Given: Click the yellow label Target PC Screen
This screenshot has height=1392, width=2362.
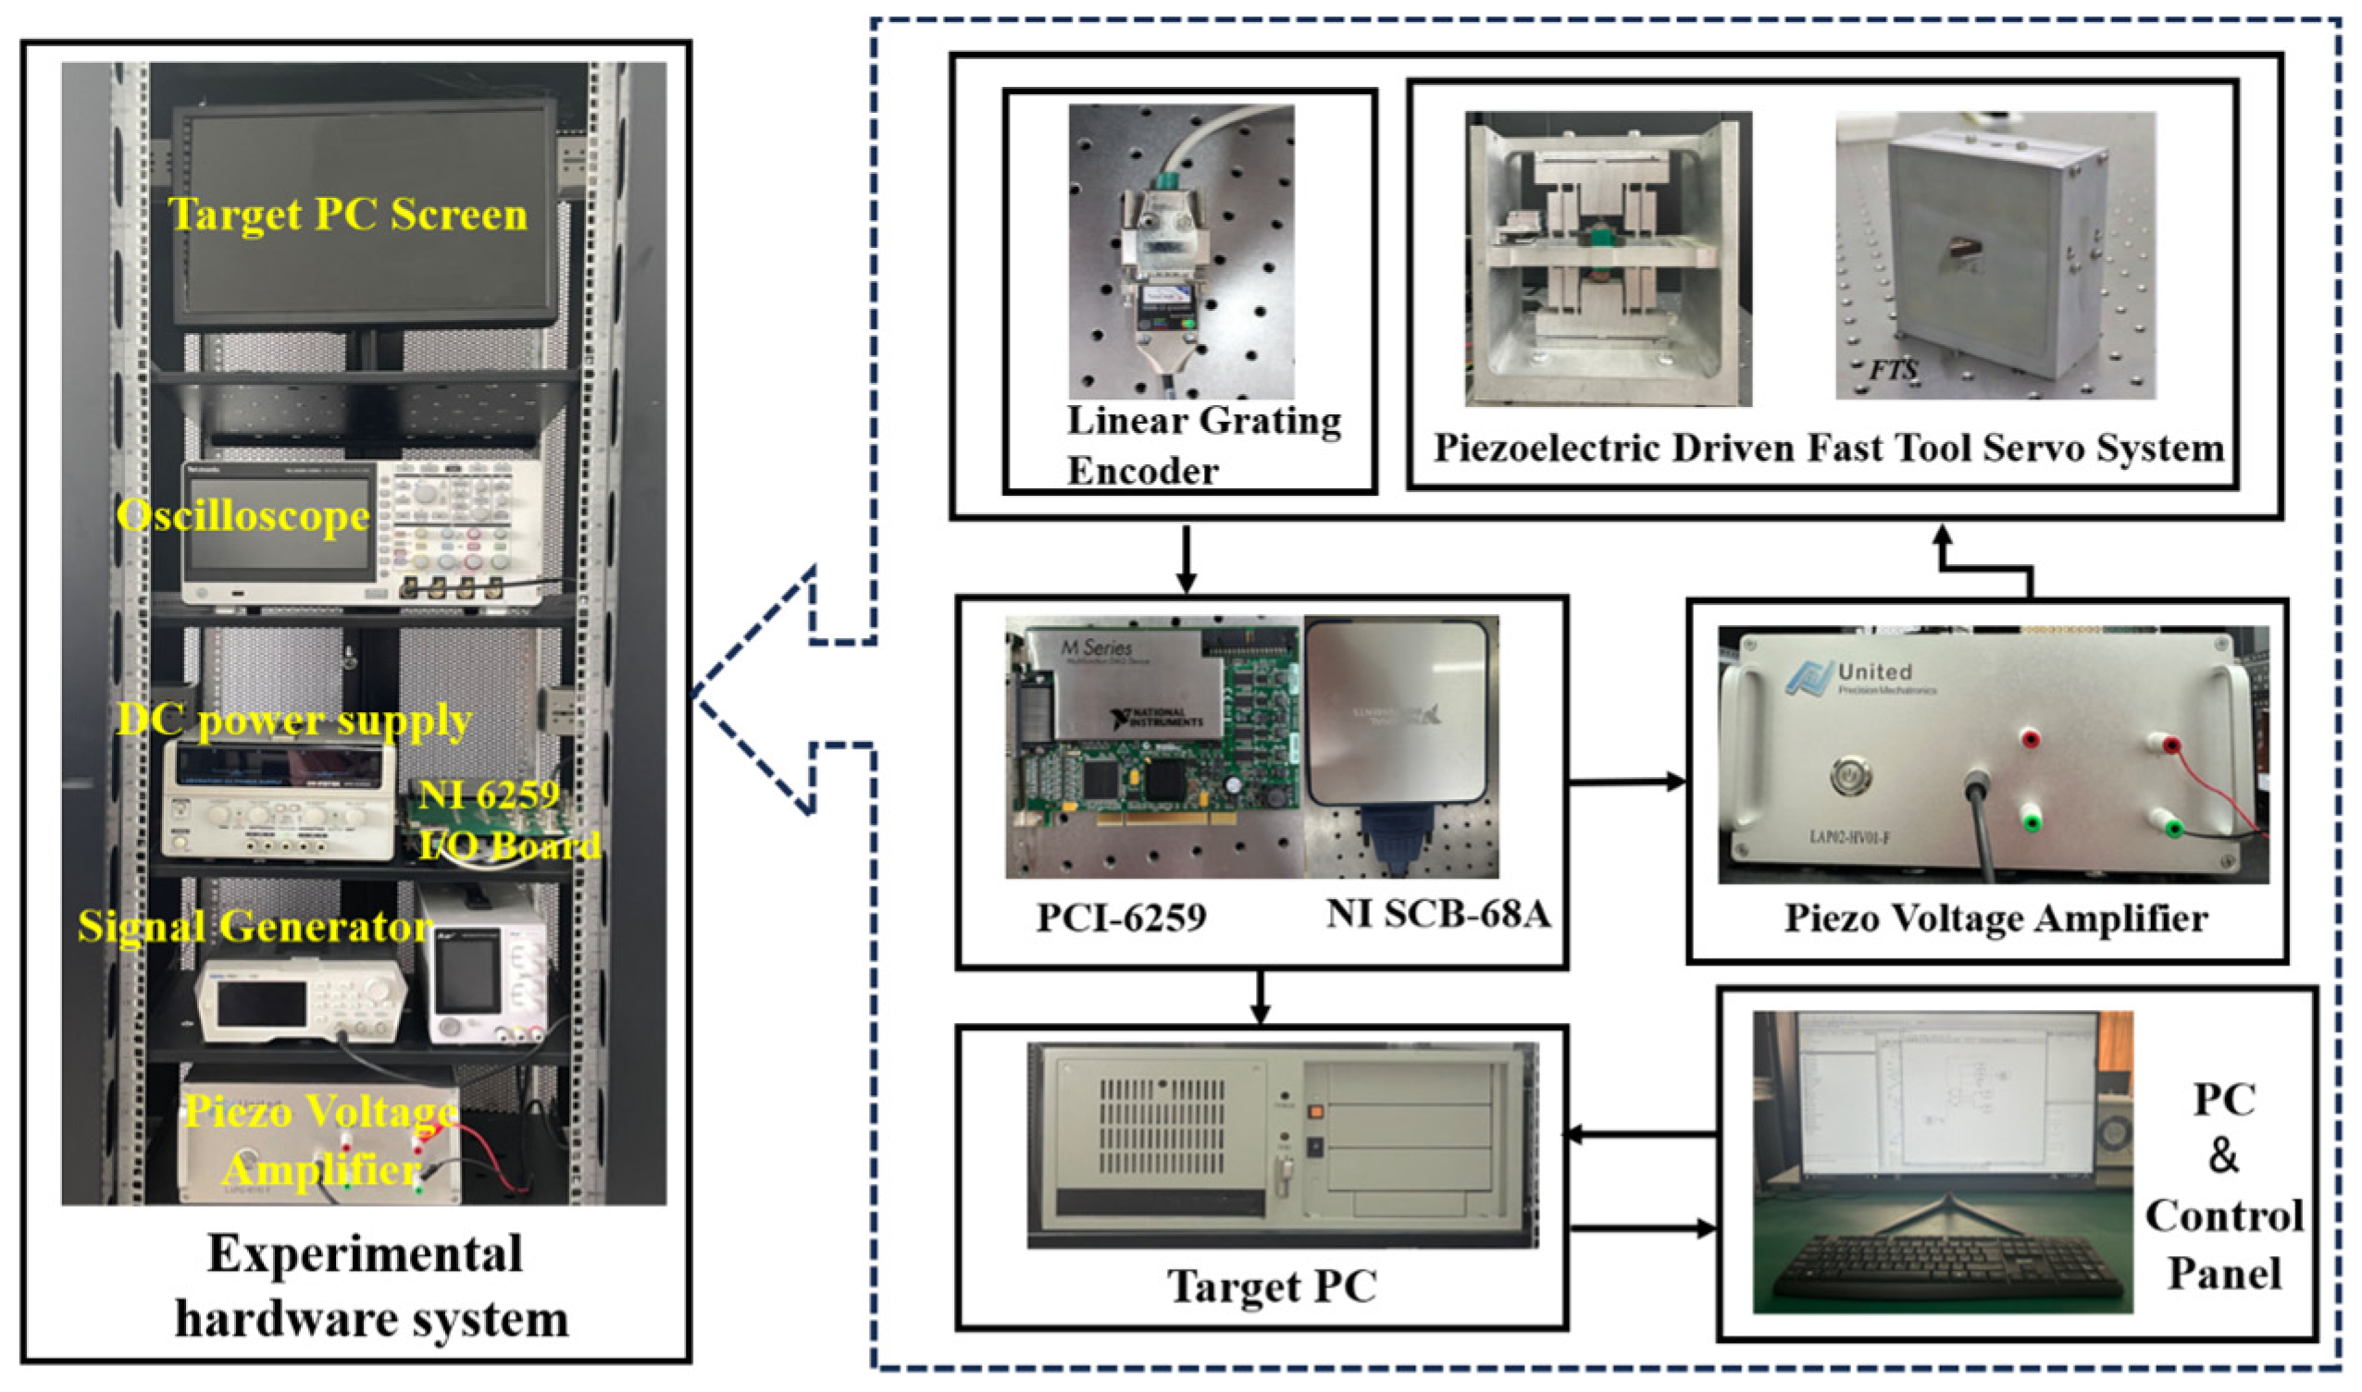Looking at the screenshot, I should coord(347,215).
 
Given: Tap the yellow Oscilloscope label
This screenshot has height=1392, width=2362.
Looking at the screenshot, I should coord(243,516).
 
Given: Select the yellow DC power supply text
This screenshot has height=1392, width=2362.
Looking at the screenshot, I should coord(293,721).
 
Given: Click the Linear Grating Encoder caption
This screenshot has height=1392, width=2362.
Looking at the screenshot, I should coord(1203,446).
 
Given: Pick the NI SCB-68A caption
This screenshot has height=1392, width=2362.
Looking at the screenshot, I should coord(1437,914).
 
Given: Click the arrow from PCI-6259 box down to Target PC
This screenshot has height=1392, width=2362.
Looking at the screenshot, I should coord(1261,999).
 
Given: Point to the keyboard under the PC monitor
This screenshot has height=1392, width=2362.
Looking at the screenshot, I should coord(1941,1265).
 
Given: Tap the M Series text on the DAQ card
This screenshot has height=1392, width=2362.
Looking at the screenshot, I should coord(1095,647).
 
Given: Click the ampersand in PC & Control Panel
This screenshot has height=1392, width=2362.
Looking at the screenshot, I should coord(2222,1156).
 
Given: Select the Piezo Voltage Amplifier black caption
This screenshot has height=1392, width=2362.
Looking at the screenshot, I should coord(1995,918).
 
